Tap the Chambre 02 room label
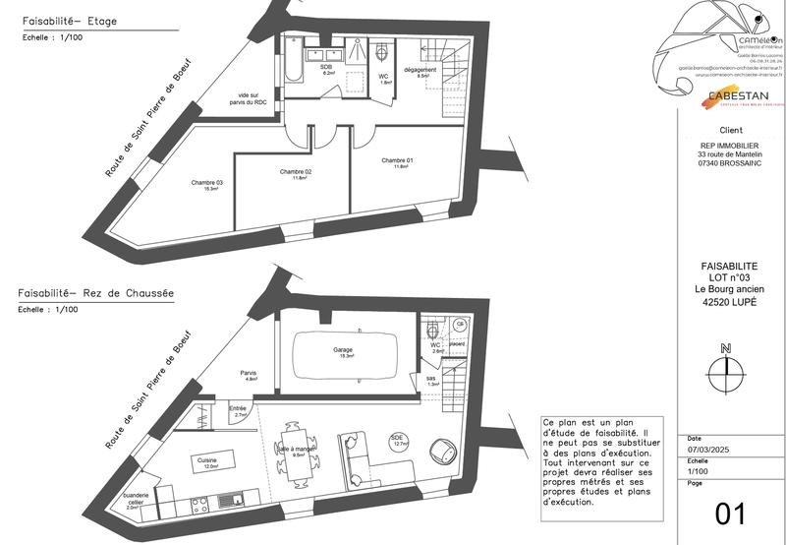(295, 173)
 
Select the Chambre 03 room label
(206, 183)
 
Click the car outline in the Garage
(343, 352)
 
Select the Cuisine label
(206, 460)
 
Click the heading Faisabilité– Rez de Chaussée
(94, 293)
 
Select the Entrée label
(237, 409)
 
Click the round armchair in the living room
(445, 448)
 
